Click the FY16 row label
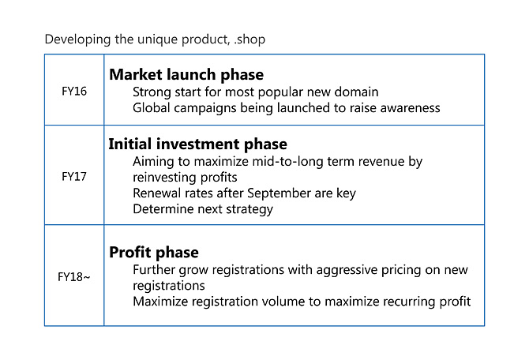coord(74,91)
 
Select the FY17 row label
coord(74,177)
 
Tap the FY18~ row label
coord(74,277)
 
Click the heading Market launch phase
coord(186,75)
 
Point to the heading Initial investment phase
coord(197,144)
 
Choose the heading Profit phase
coord(154,253)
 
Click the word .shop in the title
coord(249,39)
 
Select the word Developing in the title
coord(77,39)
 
